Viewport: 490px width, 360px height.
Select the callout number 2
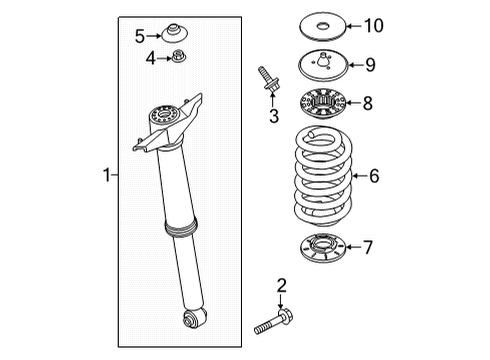[x=281, y=285]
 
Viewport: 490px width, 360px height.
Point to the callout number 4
[x=151, y=58]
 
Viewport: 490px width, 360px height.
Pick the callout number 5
[x=140, y=36]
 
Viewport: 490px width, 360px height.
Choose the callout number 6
[x=374, y=176]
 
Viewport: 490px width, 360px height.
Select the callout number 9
[x=369, y=65]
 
